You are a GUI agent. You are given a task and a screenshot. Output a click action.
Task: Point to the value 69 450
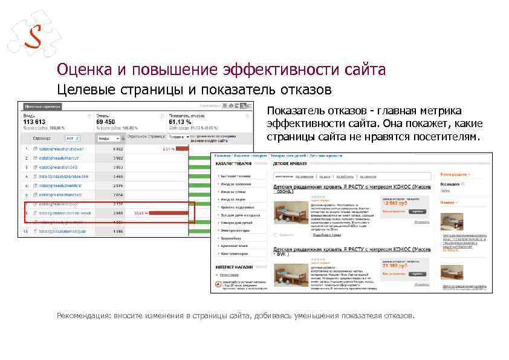[x=110, y=122]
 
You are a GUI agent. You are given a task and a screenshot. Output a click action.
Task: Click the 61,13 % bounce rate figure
[x=184, y=122]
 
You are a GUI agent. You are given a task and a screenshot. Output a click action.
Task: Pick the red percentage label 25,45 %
[x=141, y=213]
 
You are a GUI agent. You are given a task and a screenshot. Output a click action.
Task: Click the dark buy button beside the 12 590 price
[x=417, y=212]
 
